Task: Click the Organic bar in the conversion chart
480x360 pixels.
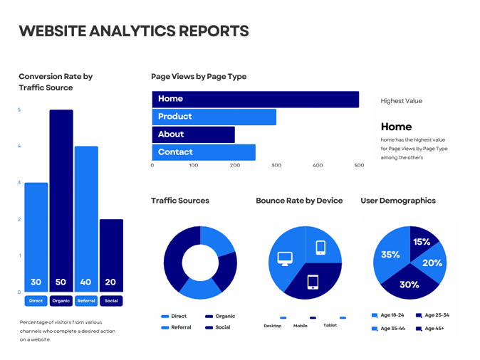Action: [x=61, y=199]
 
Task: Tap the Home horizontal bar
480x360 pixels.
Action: [x=255, y=99]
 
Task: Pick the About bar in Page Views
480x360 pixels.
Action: [x=193, y=134]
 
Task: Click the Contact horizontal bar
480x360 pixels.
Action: [x=203, y=152]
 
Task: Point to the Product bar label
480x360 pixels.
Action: [x=175, y=117]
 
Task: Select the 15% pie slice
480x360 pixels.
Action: [x=421, y=242]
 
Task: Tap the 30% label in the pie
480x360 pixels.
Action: [x=409, y=285]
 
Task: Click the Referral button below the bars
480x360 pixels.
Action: [x=86, y=301]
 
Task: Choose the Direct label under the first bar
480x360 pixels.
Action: [x=36, y=301]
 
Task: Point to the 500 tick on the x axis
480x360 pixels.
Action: [x=359, y=165]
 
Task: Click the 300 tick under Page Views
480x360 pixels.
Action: [x=276, y=165]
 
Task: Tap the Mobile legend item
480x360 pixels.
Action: [x=301, y=325]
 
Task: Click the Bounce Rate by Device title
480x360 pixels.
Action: [x=299, y=201]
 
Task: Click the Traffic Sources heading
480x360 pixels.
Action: [x=180, y=201]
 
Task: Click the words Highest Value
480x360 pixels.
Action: [x=402, y=101]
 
